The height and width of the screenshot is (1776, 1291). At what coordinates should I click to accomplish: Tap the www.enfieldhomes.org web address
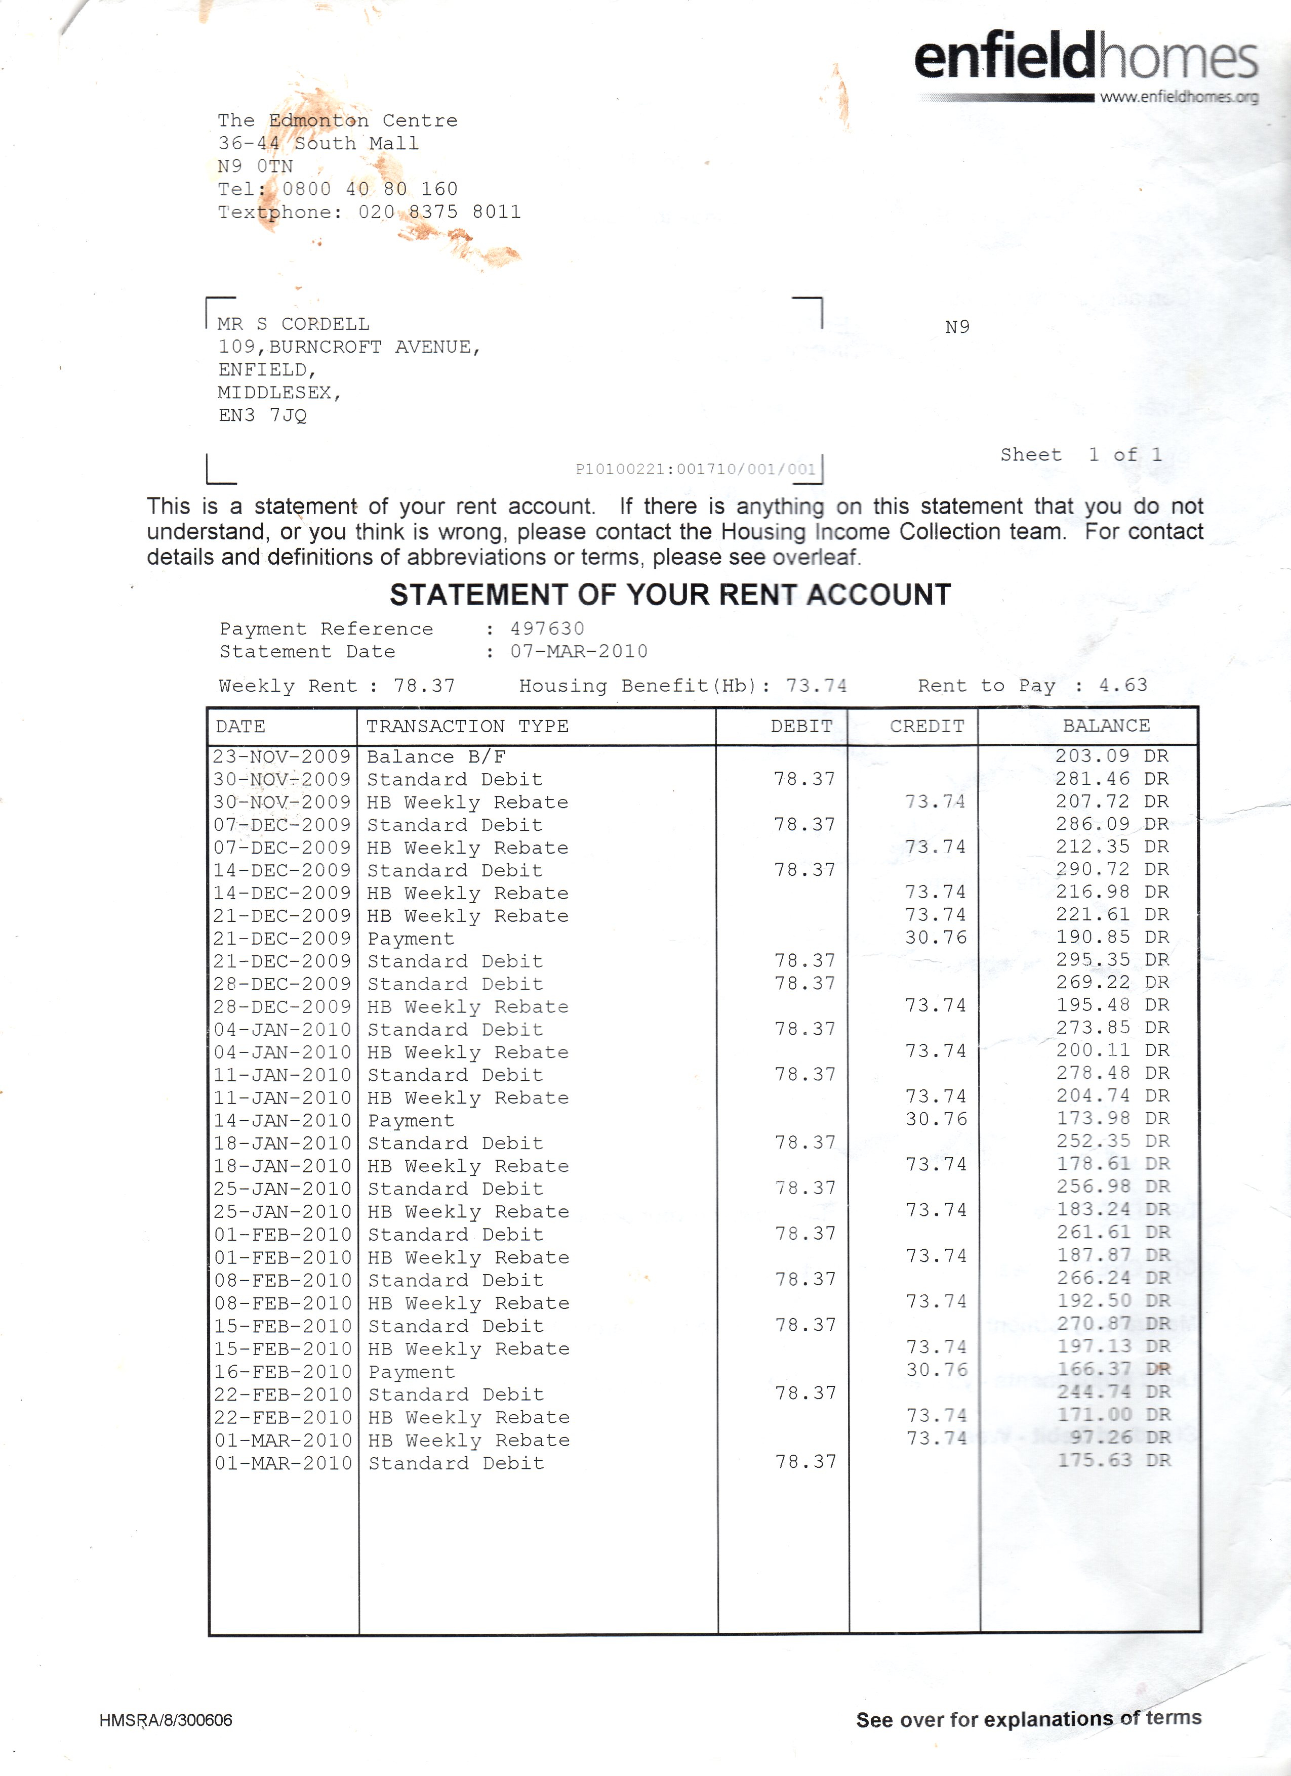coord(1179,97)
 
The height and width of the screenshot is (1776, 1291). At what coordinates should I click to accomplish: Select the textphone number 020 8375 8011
coord(439,212)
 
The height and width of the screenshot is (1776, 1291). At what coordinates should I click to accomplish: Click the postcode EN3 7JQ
coord(262,415)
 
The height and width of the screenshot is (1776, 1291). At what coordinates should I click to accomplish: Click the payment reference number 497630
coord(547,629)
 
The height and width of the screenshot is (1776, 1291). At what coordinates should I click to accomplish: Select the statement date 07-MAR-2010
coord(579,652)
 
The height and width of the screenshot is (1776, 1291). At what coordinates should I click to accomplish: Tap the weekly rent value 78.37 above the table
coord(424,686)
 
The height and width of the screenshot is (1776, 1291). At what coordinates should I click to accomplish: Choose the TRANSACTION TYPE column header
coord(467,727)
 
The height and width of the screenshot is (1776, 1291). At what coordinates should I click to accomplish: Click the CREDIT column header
coord(926,727)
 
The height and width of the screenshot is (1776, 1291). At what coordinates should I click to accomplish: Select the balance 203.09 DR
coord(1112,756)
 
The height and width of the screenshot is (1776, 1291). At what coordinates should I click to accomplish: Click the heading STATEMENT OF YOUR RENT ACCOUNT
coord(670,595)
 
